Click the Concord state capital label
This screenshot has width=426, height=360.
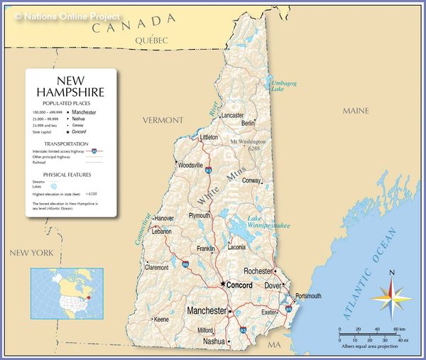[x=239, y=285]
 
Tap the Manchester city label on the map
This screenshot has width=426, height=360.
[x=206, y=311]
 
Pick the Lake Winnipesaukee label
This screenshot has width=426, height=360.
[x=268, y=222]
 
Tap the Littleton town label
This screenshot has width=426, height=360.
[x=209, y=137]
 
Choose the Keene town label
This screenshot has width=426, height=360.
[x=162, y=320]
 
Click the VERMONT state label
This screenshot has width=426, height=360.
[x=163, y=120]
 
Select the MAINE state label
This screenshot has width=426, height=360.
[x=356, y=111]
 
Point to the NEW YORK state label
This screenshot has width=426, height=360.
[x=31, y=253]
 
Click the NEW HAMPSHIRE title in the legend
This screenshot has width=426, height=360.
[x=70, y=87]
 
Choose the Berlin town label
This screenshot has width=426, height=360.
[x=248, y=123]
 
